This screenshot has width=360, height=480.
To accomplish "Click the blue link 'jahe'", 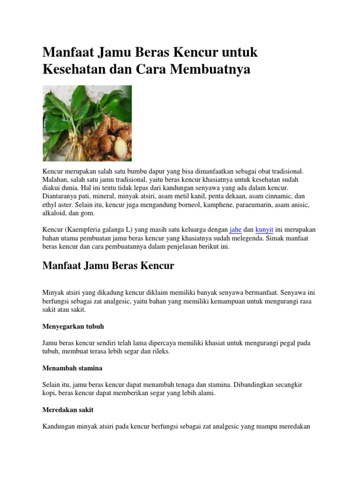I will pos(235,230).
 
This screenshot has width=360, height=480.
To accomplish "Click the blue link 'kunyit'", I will pos(264,230).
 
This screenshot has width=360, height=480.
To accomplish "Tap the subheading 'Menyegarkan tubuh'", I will pos(73,326).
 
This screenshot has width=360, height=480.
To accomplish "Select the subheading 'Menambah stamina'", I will pos(72,368).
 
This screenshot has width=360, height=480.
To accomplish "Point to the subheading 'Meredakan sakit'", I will pos(68,410).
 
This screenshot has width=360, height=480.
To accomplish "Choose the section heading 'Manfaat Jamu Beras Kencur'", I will pos(108,266).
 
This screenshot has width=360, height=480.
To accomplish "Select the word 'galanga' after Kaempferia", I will pos(115,230).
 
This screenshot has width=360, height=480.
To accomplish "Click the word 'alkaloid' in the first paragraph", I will pos(54,213).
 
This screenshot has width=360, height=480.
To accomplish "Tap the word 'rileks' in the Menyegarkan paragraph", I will pos(160,351).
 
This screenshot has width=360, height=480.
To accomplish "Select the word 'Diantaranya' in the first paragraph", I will pos(60,197).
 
